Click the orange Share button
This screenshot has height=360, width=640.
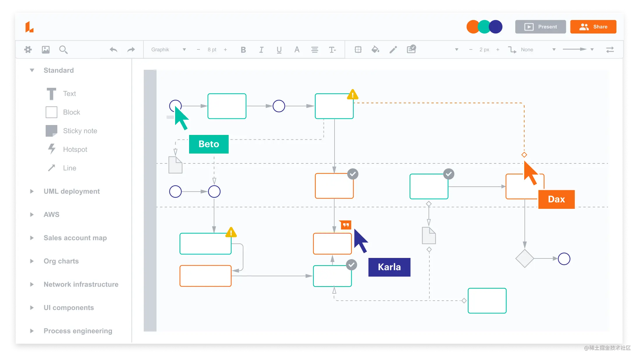pyautogui.click(x=593, y=27)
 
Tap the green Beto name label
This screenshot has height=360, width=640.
pyautogui.click(x=209, y=144)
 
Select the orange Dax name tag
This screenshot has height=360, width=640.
pyautogui.click(x=556, y=199)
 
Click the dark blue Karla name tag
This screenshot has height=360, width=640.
pyautogui.click(x=389, y=267)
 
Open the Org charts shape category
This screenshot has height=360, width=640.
pyautogui.click(x=61, y=261)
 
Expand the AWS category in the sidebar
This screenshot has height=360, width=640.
pyautogui.click(x=51, y=215)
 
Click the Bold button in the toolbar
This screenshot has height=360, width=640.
pyautogui.click(x=243, y=50)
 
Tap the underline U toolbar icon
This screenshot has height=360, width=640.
pyautogui.click(x=279, y=50)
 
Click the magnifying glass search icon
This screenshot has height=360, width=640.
pyautogui.click(x=63, y=50)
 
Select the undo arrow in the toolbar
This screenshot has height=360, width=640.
pyautogui.click(x=113, y=50)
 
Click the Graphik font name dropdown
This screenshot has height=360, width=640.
pyautogui.click(x=168, y=50)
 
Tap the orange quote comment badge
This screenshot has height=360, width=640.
pyautogui.click(x=346, y=225)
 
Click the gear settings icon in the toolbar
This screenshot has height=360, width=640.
pyautogui.click(x=28, y=50)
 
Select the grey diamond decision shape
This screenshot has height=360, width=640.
pyautogui.click(x=525, y=259)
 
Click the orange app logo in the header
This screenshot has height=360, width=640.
pyautogui.click(x=29, y=27)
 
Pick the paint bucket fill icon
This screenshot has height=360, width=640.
pyautogui.click(x=375, y=50)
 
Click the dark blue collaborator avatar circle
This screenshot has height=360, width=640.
pyautogui.click(x=496, y=27)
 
